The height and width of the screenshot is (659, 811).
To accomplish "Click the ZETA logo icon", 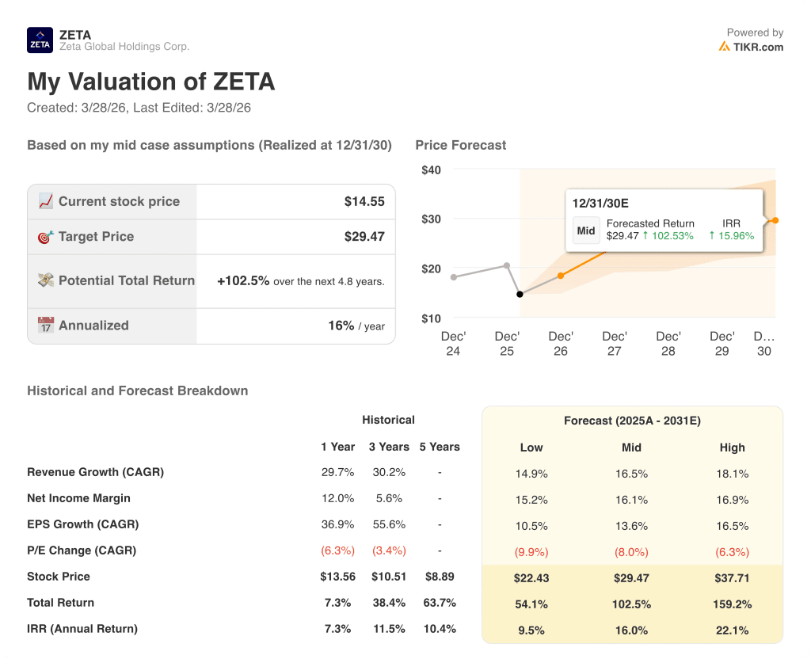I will (x=40, y=40).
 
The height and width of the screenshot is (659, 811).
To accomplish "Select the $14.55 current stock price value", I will (x=364, y=202).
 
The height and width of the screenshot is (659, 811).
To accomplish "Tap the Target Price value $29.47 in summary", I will (x=364, y=237).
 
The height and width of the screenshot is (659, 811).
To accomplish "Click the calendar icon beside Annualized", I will (x=46, y=326).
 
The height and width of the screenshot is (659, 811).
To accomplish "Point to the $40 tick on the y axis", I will (x=431, y=170).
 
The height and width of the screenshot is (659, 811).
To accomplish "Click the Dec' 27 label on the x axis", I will (x=615, y=344).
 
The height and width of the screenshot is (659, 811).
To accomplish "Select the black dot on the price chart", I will (x=520, y=294).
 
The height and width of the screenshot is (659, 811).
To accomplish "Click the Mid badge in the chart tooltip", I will (x=586, y=230).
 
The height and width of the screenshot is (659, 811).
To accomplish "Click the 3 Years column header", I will (x=389, y=447).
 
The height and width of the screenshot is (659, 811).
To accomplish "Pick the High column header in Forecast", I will (x=732, y=448).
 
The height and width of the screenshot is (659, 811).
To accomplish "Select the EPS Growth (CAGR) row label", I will (x=82, y=524).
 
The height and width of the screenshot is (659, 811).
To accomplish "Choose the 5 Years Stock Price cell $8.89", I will (x=439, y=577).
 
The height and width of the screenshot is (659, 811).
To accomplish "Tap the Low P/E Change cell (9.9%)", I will (x=531, y=552).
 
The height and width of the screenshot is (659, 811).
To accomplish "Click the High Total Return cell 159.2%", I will (x=732, y=604).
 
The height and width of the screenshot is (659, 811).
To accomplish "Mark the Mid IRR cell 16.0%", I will (x=631, y=630).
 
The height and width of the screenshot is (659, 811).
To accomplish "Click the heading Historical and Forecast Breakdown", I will (x=137, y=390).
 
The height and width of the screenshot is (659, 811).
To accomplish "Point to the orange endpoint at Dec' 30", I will (x=775, y=220).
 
